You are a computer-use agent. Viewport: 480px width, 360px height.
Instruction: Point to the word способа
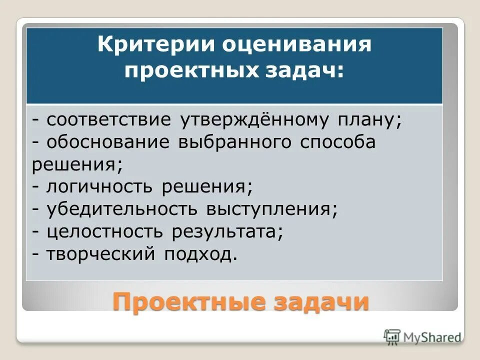[x=338, y=142]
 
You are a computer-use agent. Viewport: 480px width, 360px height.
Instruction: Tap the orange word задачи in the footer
[x=315, y=301]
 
